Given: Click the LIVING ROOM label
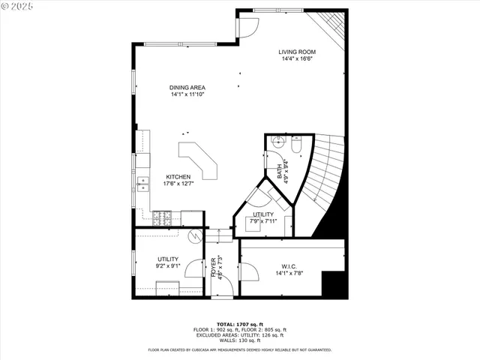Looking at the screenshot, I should click(296, 52).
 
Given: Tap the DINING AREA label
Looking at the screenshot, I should click(187, 88).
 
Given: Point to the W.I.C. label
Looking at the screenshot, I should click(290, 265).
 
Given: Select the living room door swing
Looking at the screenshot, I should click(247, 26).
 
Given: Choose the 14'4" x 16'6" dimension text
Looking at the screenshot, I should click(296, 58).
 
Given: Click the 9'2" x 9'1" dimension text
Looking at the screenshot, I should click(167, 265).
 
